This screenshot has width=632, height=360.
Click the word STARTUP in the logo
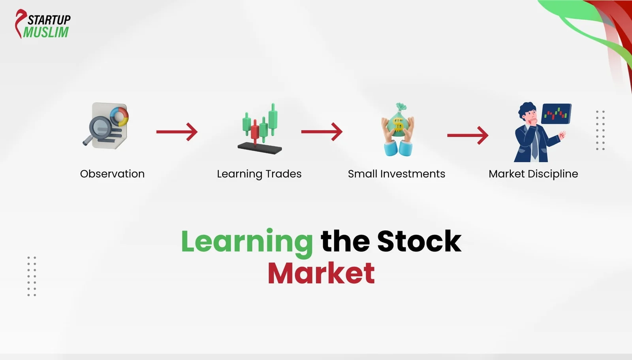49,19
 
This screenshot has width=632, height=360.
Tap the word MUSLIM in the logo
46,32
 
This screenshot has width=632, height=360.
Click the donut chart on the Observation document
119,117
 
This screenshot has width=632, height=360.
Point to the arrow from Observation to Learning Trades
177,132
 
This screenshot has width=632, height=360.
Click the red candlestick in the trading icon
255,131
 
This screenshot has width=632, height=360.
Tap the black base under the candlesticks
260,148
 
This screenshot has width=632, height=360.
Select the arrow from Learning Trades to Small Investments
322,132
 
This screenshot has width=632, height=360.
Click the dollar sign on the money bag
398,125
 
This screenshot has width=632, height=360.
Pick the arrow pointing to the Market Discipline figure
467,135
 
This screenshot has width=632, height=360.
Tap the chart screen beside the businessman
556,114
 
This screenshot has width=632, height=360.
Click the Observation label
112,174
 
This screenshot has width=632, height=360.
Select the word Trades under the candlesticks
283,174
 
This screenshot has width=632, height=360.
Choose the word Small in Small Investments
362,174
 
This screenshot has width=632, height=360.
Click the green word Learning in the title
247,241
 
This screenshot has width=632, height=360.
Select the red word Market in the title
321,273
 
